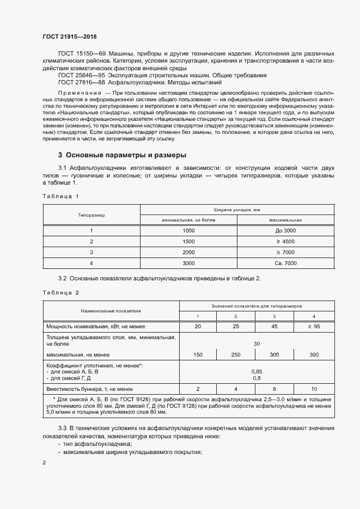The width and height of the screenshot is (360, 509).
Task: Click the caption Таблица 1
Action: pos(60,195)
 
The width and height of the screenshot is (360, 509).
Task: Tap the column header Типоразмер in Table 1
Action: pos(91,215)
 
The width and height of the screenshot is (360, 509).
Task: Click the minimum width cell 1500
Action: pos(188,241)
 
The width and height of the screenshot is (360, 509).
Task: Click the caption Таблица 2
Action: pos(60,292)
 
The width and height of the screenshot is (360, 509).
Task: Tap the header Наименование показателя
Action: pos(111,311)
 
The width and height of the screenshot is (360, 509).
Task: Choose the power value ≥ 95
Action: pos(313,327)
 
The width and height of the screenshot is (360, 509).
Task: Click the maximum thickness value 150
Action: pos(198,355)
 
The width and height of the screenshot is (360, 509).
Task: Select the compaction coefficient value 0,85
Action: pos(256,372)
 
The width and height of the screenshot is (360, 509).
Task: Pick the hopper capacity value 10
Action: pos(313,390)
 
